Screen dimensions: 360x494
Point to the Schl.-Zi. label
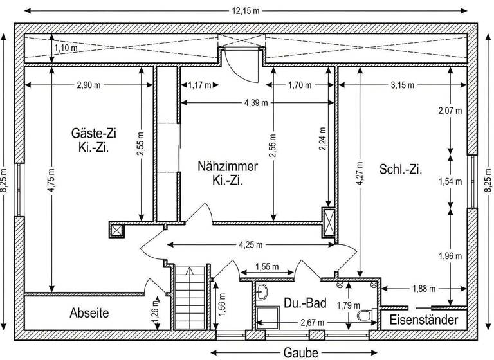pos(400,170)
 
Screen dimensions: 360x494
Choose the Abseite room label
pos(89,313)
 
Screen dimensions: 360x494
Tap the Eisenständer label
pos(424,319)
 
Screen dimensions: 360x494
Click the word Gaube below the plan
pos(301,352)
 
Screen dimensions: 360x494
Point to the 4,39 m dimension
pos(255,102)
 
